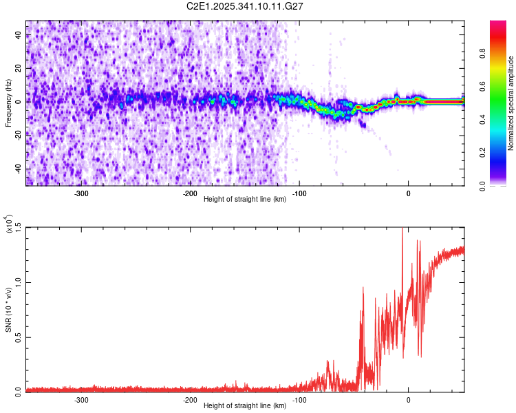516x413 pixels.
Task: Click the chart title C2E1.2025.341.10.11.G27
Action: pyautogui.click(x=246, y=7)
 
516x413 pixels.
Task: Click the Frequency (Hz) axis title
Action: pyautogui.click(x=8, y=103)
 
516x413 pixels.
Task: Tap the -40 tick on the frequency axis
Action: pyautogui.click(x=19, y=169)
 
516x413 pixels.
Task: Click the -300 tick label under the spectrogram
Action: pyautogui.click(x=80, y=193)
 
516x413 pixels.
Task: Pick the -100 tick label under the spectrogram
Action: pyautogui.click(x=299, y=193)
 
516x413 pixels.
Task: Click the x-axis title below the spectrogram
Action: pyautogui.click(x=246, y=200)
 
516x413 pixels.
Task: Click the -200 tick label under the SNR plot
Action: pyautogui.click(x=190, y=399)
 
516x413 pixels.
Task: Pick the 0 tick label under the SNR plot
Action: pyautogui.click(x=409, y=399)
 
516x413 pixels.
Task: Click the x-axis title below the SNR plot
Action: pyautogui.click(x=246, y=406)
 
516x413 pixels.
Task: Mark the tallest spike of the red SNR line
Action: pyautogui.click(x=402, y=229)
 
